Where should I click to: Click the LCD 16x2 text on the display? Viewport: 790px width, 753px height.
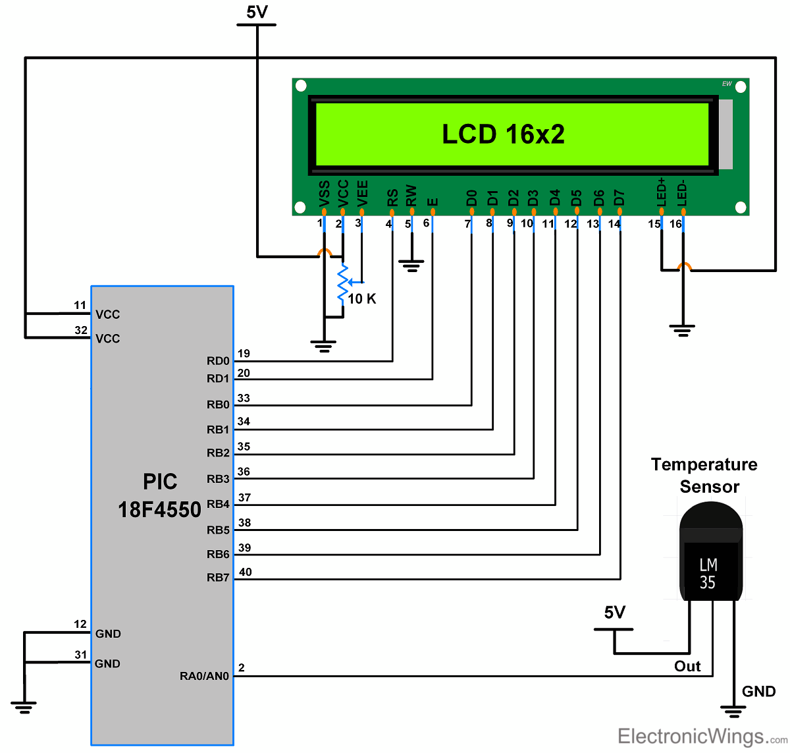[x=503, y=134]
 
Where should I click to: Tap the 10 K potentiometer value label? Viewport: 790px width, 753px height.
[x=361, y=299]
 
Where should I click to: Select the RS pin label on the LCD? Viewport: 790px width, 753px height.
[x=392, y=197]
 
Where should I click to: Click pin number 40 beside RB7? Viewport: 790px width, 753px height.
[x=245, y=572]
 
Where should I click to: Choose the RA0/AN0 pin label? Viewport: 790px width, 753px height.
[x=204, y=676]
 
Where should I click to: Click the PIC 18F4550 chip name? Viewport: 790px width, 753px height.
[x=159, y=495]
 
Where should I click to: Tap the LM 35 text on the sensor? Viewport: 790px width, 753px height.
[x=708, y=574]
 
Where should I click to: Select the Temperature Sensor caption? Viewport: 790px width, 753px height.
[x=704, y=476]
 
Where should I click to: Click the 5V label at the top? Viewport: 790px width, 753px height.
[x=257, y=12]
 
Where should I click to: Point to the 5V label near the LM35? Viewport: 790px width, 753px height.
[x=614, y=613]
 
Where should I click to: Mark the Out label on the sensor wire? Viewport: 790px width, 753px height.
[x=687, y=666]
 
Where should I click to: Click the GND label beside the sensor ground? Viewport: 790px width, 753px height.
[x=758, y=691]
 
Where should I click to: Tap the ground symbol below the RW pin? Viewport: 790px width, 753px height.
[x=411, y=266]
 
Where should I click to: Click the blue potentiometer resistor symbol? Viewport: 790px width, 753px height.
[x=342, y=283]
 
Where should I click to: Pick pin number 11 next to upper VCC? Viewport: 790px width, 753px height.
[x=80, y=305]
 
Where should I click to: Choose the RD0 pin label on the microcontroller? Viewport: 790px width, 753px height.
[x=218, y=361]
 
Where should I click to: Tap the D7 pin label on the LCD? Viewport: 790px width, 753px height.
[x=619, y=197]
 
